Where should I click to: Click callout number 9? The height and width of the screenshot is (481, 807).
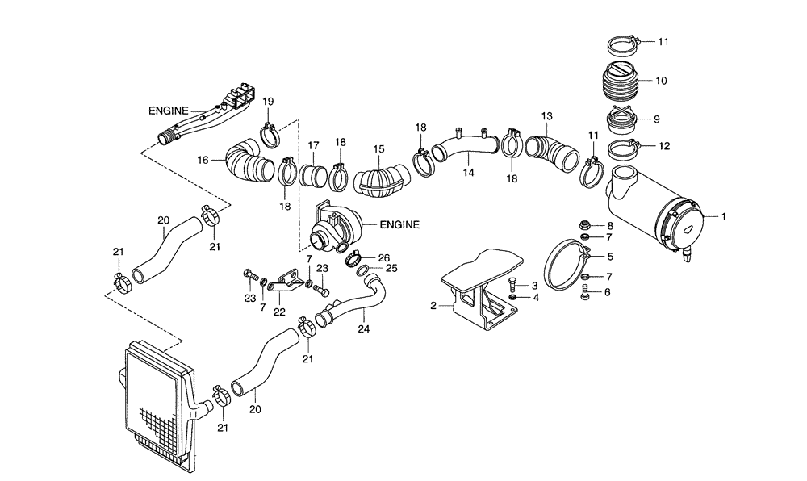tap(656, 119)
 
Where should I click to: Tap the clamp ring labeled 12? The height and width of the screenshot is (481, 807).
tap(622, 148)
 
